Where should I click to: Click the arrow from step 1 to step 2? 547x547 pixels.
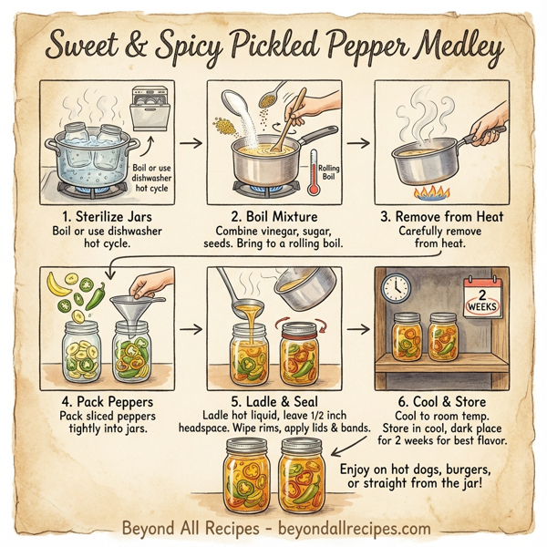point(189,143)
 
